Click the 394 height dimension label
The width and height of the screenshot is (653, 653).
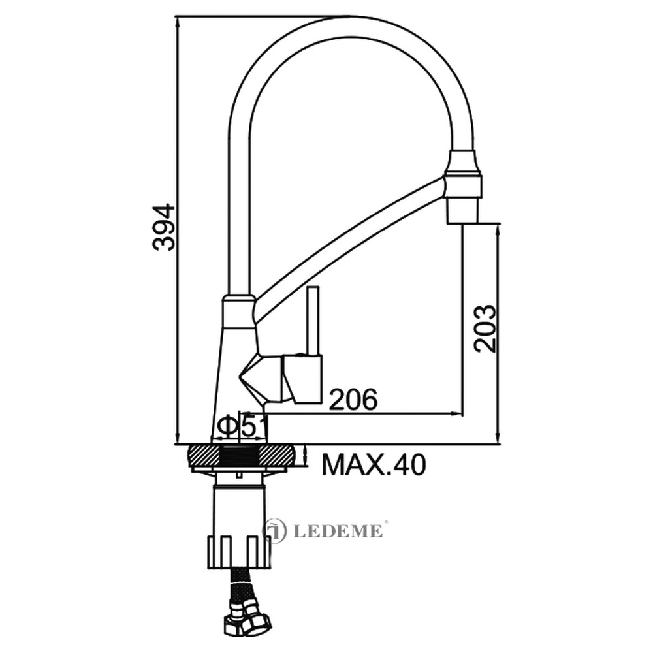[x=164, y=227]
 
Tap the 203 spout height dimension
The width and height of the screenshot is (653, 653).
[x=486, y=328]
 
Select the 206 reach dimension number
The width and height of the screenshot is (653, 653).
[x=353, y=400]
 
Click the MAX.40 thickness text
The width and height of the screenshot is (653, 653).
[x=374, y=465]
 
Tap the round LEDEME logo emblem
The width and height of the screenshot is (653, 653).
[x=276, y=530]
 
